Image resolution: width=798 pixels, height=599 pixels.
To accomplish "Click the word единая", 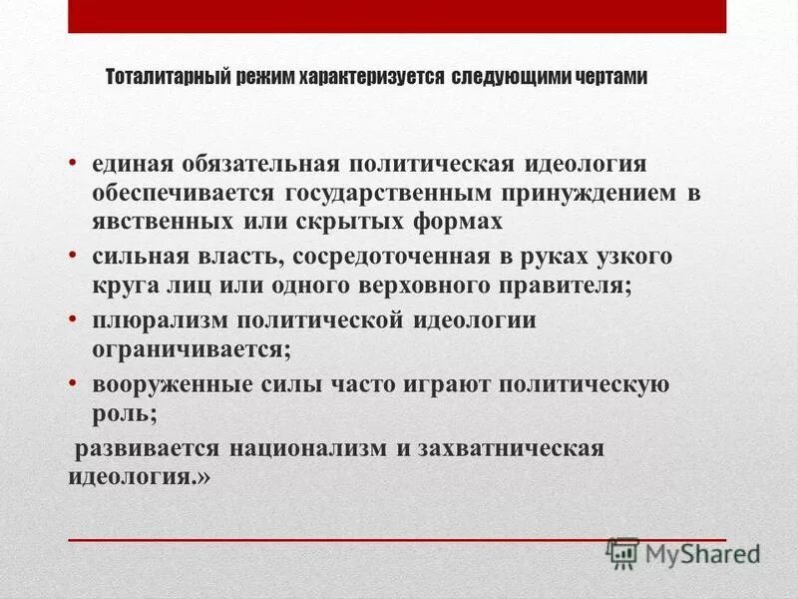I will pos(135,163).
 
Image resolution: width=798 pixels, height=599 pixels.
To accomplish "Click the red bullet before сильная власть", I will pos(75,255).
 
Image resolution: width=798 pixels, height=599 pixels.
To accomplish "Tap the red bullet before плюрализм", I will pos(75,319).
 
